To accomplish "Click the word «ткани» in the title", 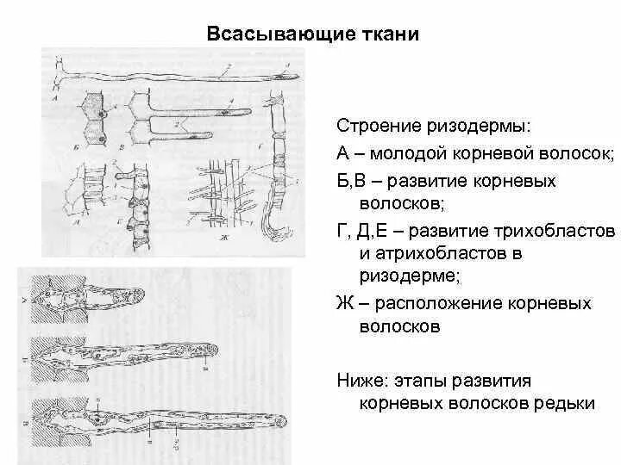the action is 392,35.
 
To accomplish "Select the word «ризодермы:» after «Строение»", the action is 486,127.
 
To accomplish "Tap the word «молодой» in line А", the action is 411,153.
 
